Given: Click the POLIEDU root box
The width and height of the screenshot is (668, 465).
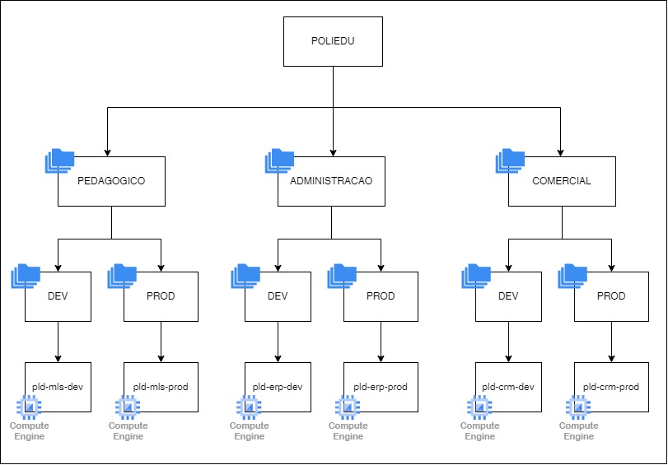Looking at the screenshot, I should (x=333, y=41).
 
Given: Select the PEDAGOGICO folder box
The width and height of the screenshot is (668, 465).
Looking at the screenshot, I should (x=111, y=181).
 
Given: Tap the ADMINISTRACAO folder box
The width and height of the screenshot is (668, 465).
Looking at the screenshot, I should (x=331, y=181).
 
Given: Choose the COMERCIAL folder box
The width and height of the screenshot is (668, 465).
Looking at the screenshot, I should (x=562, y=181).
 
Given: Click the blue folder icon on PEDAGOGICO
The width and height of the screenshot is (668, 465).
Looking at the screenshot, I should (x=59, y=161).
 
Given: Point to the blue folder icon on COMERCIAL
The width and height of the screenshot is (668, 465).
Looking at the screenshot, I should (x=510, y=161).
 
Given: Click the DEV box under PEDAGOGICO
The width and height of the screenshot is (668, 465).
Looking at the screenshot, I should (x=58, y=296).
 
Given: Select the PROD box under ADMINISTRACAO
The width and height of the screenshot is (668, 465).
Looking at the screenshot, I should (x=381, y=296).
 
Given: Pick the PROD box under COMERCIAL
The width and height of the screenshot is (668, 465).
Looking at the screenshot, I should (x=611, y=296).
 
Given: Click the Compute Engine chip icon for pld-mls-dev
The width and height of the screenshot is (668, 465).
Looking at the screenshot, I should (x=29, y=406).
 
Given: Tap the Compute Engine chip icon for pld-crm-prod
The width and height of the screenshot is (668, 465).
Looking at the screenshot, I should (x=578, y=406).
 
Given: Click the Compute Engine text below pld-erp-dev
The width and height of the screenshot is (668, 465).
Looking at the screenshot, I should (x=249, y=431).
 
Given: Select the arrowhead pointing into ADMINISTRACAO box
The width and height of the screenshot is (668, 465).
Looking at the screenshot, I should (x=332, y=152).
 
